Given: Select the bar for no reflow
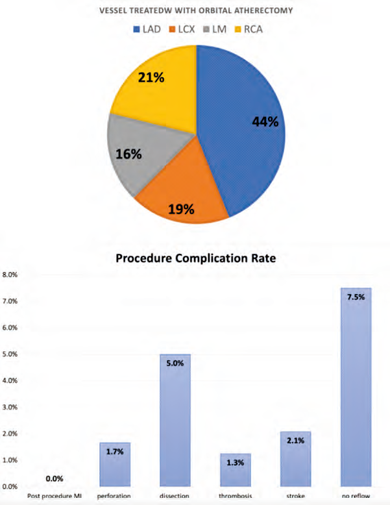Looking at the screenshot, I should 356,389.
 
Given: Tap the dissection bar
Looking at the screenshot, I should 175,422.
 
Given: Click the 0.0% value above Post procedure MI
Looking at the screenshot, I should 55,478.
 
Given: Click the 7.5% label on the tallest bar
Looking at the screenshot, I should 356,297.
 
